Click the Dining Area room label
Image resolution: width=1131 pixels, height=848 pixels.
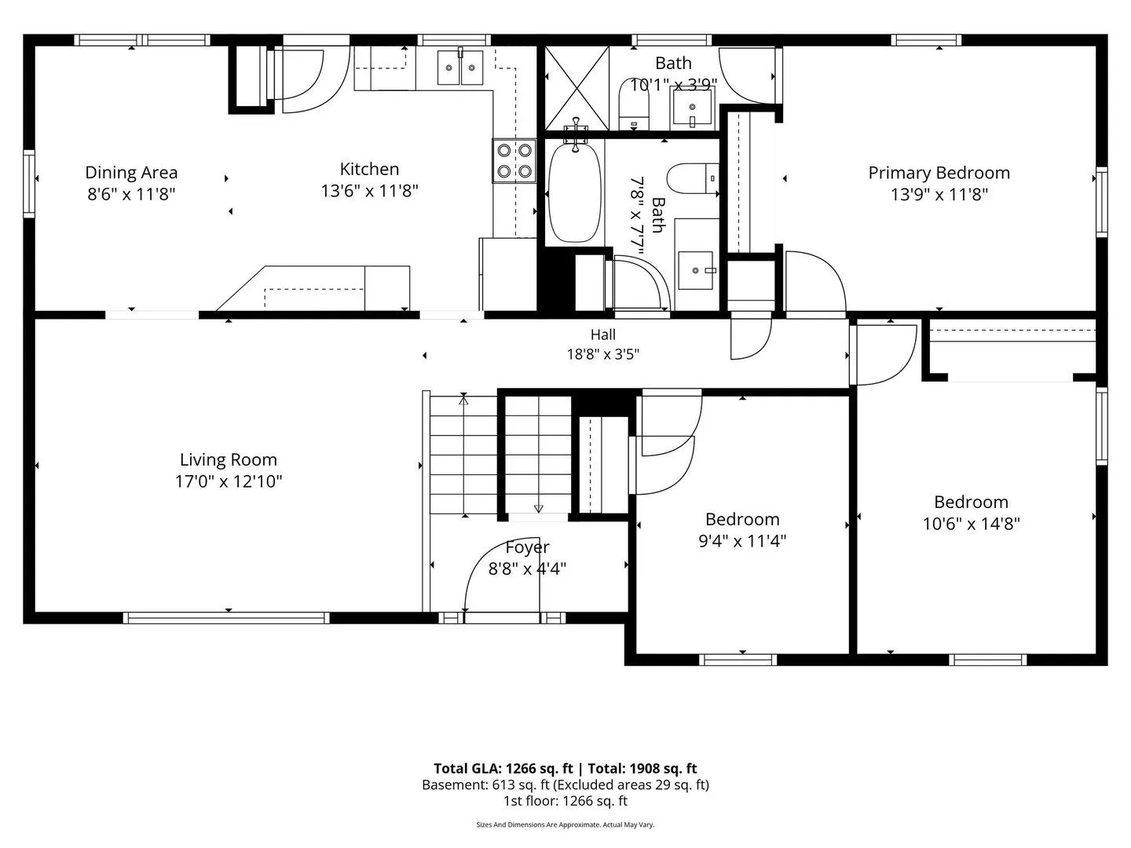tap(131, 173)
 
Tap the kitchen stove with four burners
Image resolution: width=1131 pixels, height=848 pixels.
tap(514, 161)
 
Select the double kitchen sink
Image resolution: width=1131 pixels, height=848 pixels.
tap(460, 67)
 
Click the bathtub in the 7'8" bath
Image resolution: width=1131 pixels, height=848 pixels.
tap(574, 192)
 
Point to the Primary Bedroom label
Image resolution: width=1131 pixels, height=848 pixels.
tap(939, 173)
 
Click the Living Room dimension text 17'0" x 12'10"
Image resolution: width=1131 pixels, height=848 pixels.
tap(229, 481)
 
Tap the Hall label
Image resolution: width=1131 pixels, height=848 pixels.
tap(603, 334)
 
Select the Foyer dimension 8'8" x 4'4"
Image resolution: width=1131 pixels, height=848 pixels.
tap(527, 569)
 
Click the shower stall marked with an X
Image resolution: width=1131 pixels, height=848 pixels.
tap(577, 88)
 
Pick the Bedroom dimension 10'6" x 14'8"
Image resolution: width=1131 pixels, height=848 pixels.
tap(972, 524)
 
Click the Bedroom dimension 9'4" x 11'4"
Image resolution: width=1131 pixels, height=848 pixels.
tap(742, 541)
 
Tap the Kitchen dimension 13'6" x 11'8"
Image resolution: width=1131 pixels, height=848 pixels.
tap(369, 191)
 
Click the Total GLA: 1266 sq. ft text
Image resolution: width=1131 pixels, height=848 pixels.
tap(503, 768)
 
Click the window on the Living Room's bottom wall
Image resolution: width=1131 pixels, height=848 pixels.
tap(225, 618)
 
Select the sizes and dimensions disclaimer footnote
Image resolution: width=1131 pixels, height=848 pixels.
tap(565, 824)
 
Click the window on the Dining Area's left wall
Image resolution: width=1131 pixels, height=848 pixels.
tap(29, 183)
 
